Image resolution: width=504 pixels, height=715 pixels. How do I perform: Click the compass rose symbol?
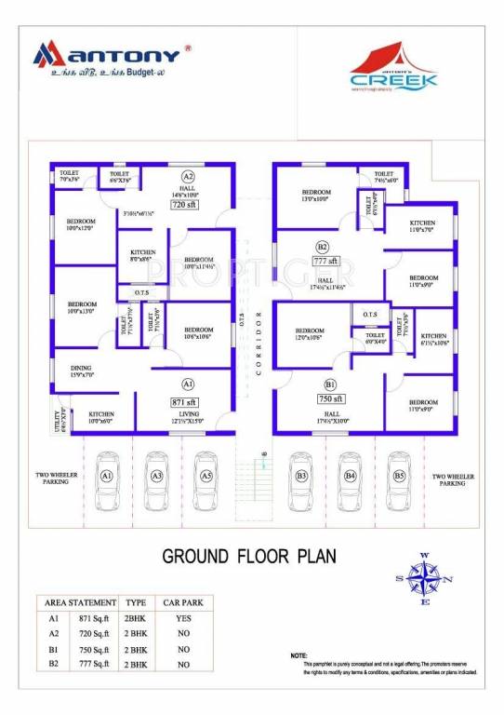click(424, 579)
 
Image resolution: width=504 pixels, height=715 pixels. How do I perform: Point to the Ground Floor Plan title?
click(249, 557)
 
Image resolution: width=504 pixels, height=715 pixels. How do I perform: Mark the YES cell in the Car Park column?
click(182, 617)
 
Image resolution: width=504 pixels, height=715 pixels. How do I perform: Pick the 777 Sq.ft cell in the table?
click(92, 665)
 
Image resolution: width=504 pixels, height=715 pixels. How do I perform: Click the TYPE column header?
click(136, 602)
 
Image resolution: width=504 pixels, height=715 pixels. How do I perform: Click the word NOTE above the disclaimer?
click(298, 655)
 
